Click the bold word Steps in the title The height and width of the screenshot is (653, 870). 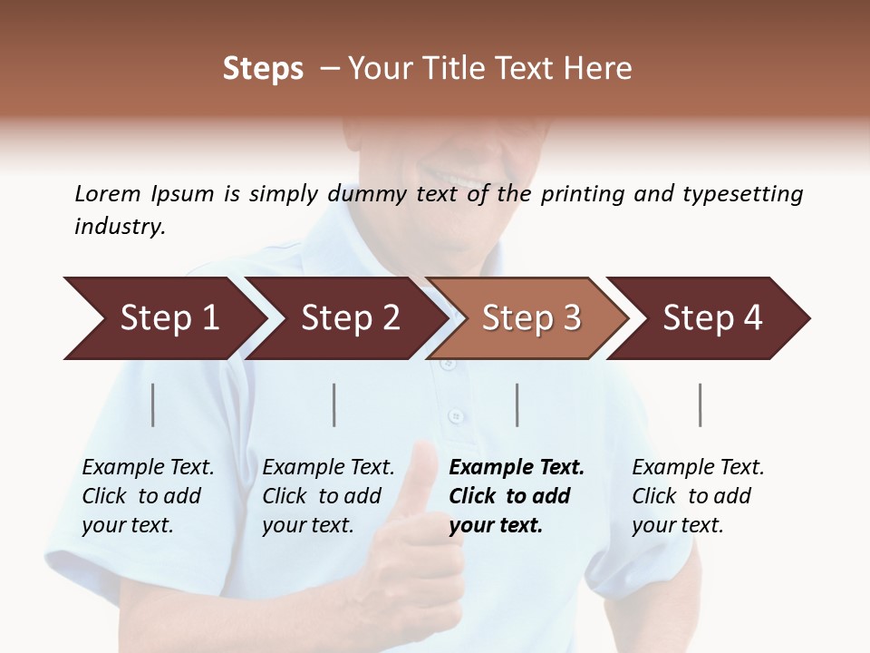click(x=263, y=68)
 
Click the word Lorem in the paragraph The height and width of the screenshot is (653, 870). click(x=107, y=194)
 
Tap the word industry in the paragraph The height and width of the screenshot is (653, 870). click(x=119, y=227)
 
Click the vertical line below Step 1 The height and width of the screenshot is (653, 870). click(x=153, y=404)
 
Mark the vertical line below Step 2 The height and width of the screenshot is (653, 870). click(x=334, y=404)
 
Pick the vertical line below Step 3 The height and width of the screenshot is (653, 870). click(x=517, y=404)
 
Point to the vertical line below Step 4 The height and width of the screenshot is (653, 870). click(x=701, y=404)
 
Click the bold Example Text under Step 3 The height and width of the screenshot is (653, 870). click(x=517, y=468)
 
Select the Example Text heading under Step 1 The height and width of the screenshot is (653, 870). click(x=148, y=468)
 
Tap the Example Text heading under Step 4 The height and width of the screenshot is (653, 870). click(x=698, y=468)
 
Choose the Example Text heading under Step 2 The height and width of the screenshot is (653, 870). click(x=328, y=468)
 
